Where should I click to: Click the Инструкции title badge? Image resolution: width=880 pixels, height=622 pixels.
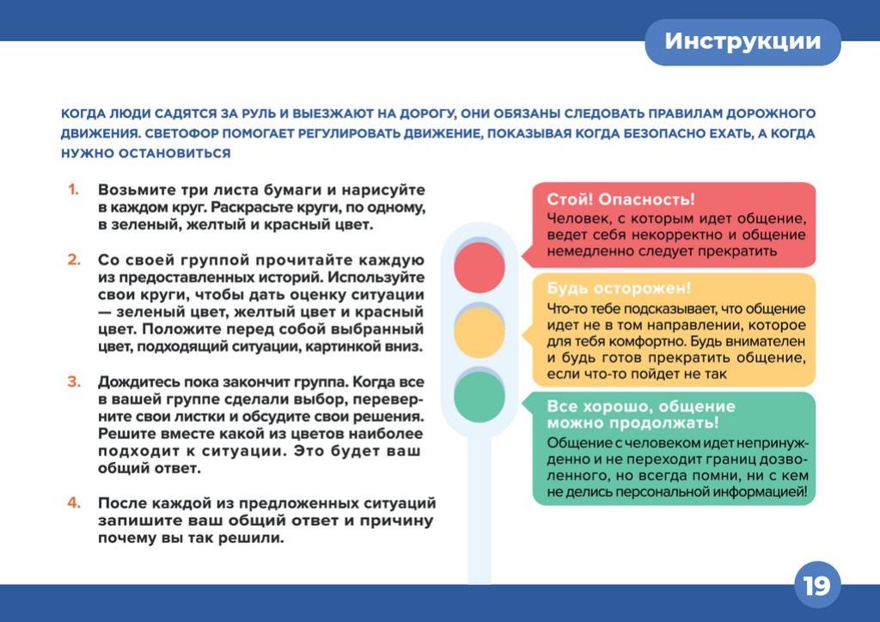click(742, 42)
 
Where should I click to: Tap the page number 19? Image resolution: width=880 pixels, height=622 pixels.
click(816, 586)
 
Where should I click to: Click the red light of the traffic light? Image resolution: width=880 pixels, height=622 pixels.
click(480, 267)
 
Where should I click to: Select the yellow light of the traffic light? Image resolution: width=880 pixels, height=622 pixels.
click(480, 332)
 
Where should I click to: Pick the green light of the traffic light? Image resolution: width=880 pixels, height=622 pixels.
click(480, 397)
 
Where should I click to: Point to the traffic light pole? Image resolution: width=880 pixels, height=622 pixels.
click(480, 510)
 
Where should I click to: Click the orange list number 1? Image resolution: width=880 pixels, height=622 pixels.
click(73, 190)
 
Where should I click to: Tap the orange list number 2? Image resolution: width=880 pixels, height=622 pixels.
click(74, 259)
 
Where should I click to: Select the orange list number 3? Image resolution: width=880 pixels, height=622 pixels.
click(74, 381)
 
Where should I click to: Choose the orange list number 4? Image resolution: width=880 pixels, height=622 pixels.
click(74, 503)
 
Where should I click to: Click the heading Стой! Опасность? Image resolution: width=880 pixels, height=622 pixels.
click(620, 199)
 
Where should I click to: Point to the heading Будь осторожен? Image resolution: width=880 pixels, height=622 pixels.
click(619, 289)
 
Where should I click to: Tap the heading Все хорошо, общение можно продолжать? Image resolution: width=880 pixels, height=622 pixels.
click(641, 414)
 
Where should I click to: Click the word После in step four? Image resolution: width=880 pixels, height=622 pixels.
click(120, 503)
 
